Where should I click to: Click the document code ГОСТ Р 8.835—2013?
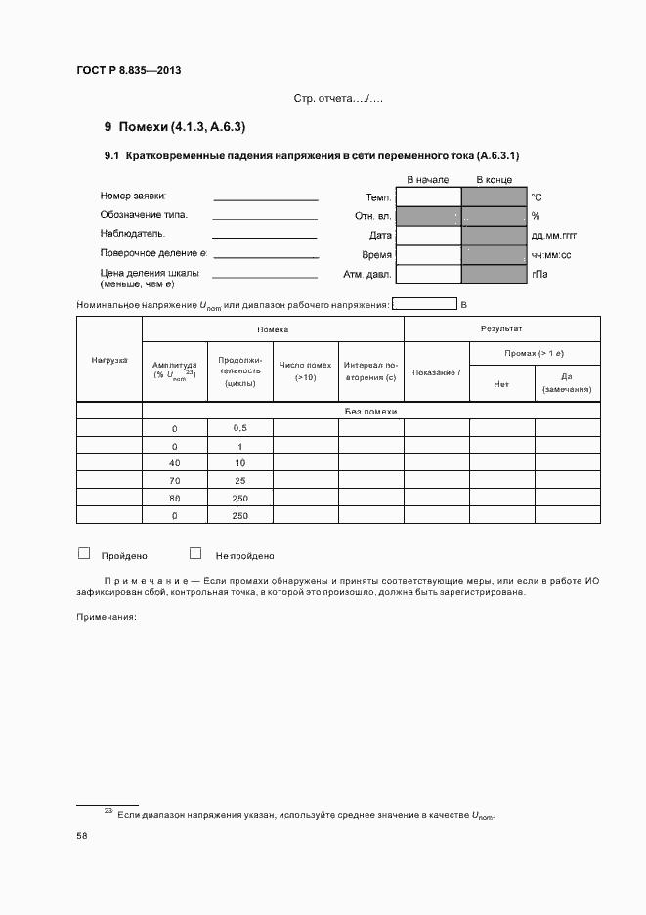coord(129,70)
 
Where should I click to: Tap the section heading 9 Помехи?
coord(175,127)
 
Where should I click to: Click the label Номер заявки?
coord(133,196)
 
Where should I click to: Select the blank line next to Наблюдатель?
coord(265,236)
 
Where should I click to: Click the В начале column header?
coord(427,180)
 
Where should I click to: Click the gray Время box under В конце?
coord(494,255)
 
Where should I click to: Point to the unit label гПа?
coord(539,275)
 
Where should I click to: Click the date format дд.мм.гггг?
coord(553,236)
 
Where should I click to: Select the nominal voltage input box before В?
coord(424,304)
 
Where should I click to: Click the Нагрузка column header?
coord(109,360)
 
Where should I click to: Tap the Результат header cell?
coord(501,329)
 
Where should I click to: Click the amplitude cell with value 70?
coord(175,480)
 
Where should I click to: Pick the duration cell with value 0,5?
coord(240,428)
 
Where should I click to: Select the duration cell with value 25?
coord(240,480)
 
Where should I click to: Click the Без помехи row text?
coord(371,412)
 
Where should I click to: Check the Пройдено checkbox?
coord(84,553)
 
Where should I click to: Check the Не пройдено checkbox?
coord(195,553)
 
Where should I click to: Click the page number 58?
coord(82,836)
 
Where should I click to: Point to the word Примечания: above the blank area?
coord(106,616)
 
